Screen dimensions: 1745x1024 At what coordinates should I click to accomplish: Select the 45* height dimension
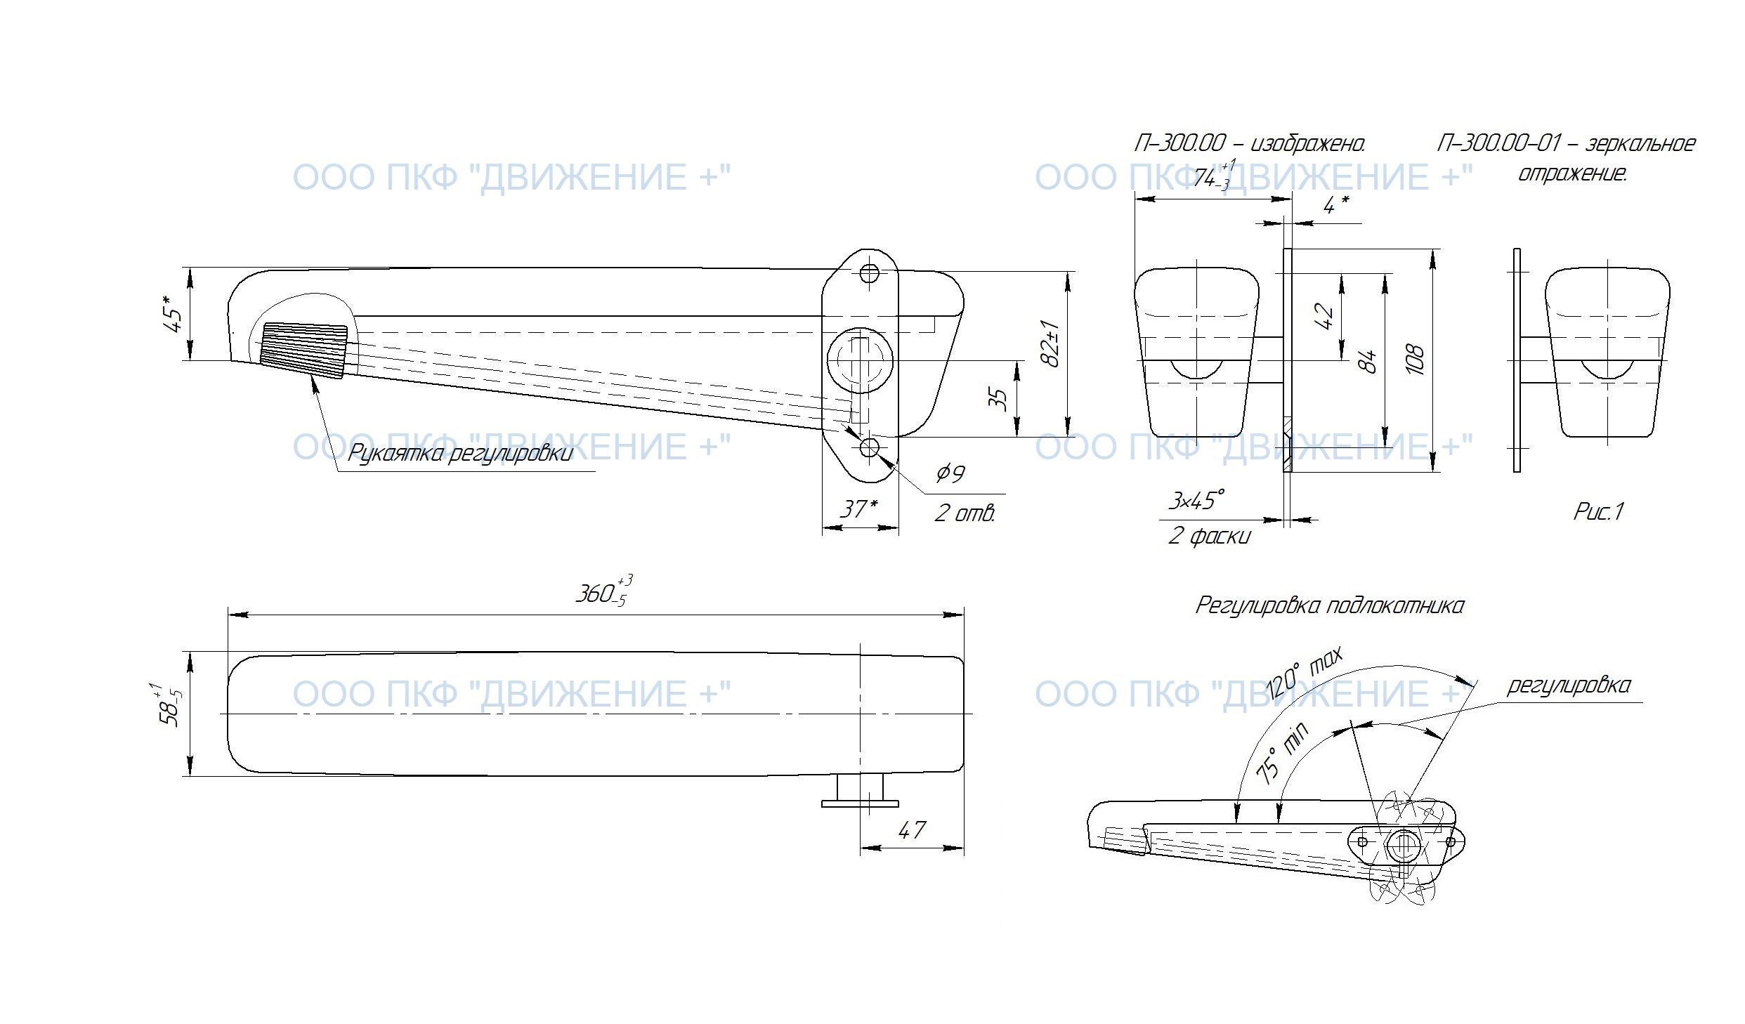[x=174, y=313]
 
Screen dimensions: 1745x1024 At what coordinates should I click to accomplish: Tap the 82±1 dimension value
[x=1052, y=343]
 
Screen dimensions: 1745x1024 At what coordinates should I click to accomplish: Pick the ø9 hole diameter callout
[x=950, y=473]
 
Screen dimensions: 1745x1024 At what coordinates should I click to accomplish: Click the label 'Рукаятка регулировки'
[x=460, y=453]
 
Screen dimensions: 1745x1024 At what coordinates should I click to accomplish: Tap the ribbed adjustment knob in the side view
[x=303, y=350]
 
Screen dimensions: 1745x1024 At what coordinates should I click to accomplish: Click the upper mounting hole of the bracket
[x=870, y=273]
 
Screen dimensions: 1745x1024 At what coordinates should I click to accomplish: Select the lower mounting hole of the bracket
[x=870, y=447]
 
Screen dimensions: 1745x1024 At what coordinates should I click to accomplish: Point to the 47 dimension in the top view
[x=911, y=830]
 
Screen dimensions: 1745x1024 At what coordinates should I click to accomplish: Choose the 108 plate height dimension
[x=1415, y=360]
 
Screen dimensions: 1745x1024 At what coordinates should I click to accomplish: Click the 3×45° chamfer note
[x=1195, y=501]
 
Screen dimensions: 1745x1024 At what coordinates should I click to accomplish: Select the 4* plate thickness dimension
[x=1335, y=205]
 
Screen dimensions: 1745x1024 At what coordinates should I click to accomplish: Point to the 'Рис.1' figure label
[x=1599, y=511]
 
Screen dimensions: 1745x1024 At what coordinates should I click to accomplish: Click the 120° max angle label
[x=1305, y=672]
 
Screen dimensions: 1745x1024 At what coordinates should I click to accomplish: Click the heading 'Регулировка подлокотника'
[x=1330, y=605]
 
